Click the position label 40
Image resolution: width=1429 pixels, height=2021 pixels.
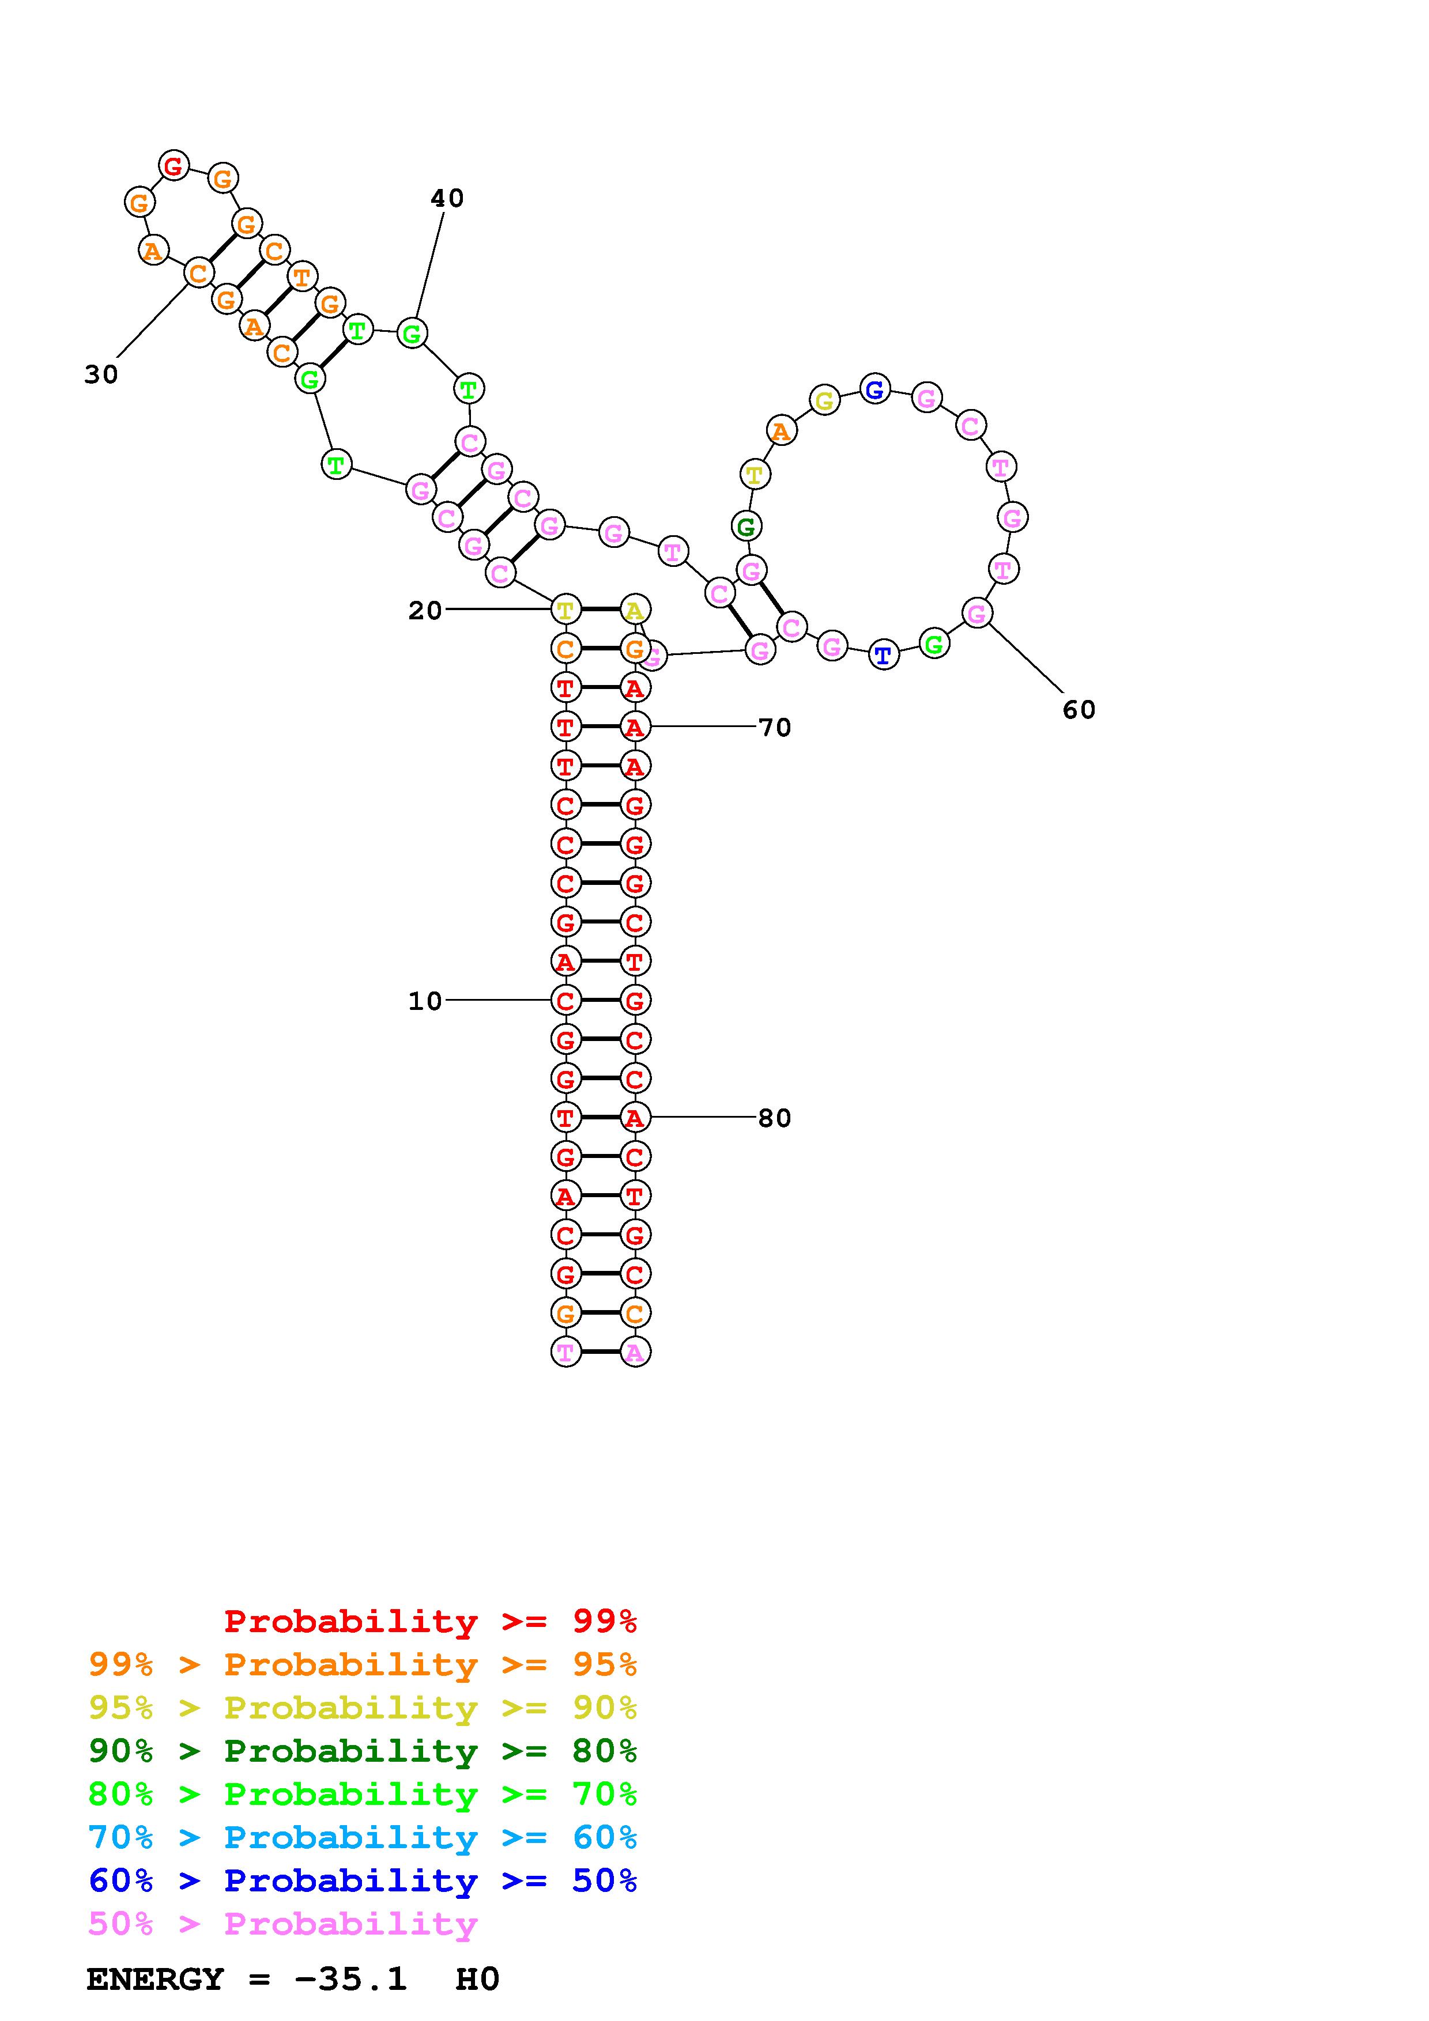[x=446, y=198]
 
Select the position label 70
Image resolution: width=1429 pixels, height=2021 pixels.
[x=774, y=727]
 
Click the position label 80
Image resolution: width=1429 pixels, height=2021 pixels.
[x=774, y=1118]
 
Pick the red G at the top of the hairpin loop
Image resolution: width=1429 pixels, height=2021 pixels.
[x=174, y=165]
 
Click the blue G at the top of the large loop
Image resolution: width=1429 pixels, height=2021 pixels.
[x=874, y=389]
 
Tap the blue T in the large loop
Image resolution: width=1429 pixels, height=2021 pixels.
[x=883, y=655]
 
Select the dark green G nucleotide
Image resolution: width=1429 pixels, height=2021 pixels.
[x=746, y=527]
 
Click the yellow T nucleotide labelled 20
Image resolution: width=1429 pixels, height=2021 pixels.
[x=565, y=609]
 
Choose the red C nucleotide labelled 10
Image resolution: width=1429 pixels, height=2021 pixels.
[x=565, y=1001]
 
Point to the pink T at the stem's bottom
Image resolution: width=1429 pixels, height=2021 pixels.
[x=565, y=1352]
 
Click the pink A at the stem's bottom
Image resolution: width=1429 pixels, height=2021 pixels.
[x=635, y=1352]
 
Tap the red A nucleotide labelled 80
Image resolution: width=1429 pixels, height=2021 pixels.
[x=635, y=1118]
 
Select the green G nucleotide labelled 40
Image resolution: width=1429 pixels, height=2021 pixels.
[x=411, y=334]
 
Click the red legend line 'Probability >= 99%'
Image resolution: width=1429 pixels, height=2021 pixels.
[x=431, y=1621]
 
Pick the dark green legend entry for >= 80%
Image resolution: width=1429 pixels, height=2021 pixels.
[x=363, y=1751]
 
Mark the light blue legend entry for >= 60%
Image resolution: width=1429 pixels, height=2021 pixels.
[x=363, y=1837]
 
